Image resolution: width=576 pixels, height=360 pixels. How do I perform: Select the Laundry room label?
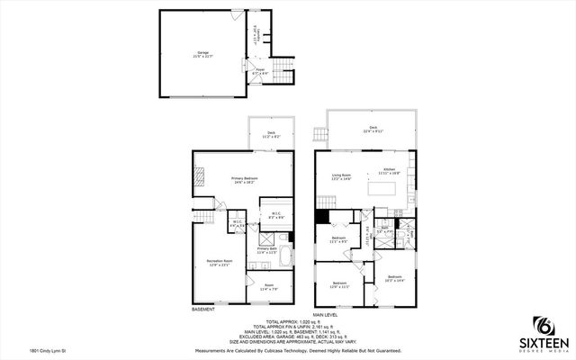click(x=255, y=35)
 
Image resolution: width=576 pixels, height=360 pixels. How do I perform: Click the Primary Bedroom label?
click(x=244, y=180)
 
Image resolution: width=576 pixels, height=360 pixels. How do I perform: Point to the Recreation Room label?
click(x=208, y=262)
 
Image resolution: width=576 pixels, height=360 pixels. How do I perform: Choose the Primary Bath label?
click(x=267, y=250)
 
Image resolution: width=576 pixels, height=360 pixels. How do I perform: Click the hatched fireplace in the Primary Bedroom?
click(x=200, y=178)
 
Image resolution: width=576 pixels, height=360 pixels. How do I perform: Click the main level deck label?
click(x=373, y=129)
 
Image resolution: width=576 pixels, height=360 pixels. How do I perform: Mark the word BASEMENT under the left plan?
click(x=203, y=310)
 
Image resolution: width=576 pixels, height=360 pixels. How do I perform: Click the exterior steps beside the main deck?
click(x=317, y=137)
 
